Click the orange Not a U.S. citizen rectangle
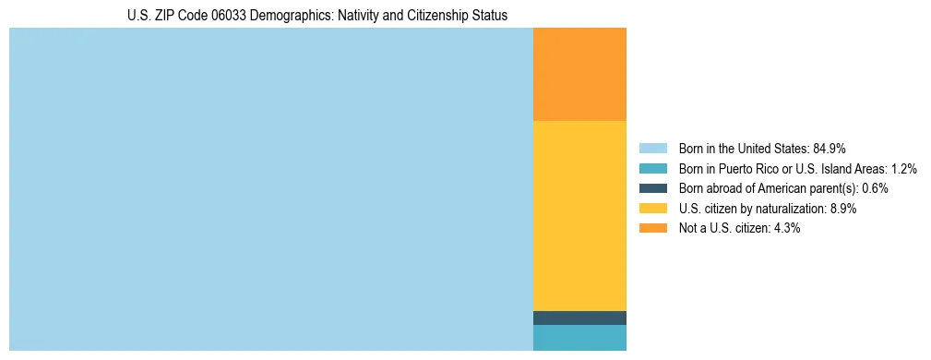pos(579,74)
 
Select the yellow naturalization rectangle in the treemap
pos(579,215)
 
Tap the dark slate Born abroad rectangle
pos(579,318)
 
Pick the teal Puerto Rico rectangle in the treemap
pos(579,338)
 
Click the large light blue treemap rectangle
pos(271,189)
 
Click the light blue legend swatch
pos(652,148)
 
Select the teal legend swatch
pos(652,168)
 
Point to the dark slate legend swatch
pos(652,188)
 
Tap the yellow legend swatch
pos(652,209)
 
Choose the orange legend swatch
pos(652,228)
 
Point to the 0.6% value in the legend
pos(875,188)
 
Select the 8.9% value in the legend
pos(841,209)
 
